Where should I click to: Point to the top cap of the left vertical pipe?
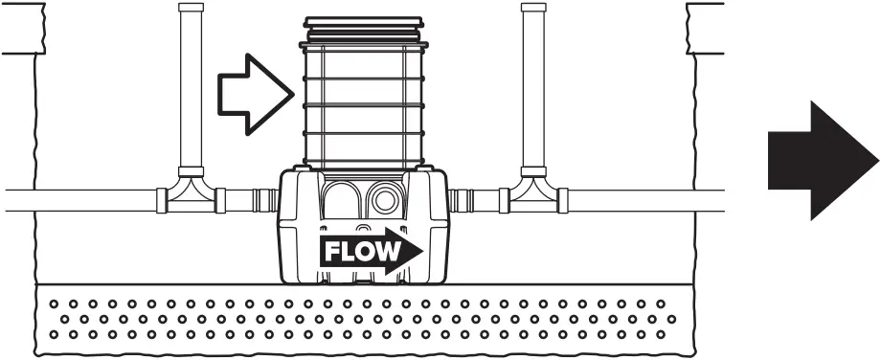coord(192,8)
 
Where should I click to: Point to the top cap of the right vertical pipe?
coord(532,8)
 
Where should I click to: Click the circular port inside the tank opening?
coord(388,199)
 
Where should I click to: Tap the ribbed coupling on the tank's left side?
coord(265,201)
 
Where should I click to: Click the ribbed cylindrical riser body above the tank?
coord(363,105)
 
